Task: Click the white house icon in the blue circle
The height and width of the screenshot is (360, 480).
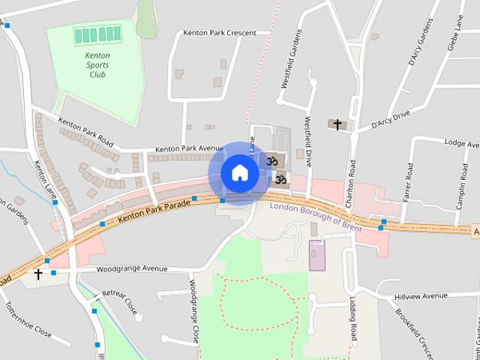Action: click(239, 172)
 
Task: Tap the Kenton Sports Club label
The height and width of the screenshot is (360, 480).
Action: click(97, 64)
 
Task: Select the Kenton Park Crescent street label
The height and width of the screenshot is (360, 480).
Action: click(220, 33)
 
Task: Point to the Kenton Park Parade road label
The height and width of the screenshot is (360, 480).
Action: click(154, 211)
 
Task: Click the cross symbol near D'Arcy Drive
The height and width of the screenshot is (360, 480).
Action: click(337, 124)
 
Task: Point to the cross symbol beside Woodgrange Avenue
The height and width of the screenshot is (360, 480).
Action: click(38, 274)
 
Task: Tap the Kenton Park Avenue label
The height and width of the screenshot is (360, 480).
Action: click(190, 148)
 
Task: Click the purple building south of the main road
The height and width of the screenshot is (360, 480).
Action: click(317, 255)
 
